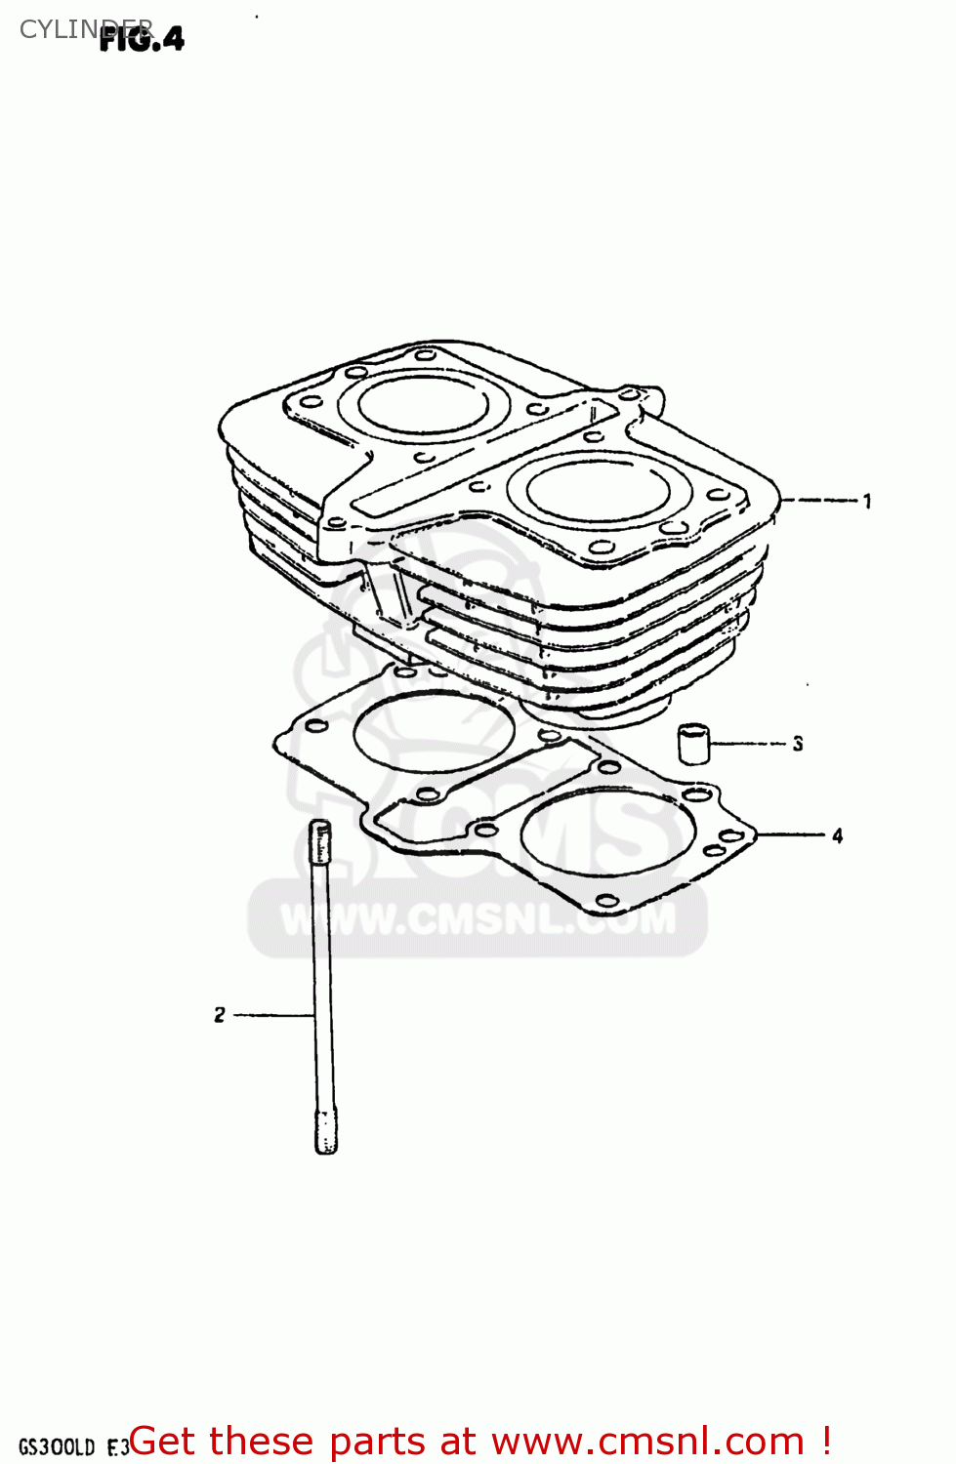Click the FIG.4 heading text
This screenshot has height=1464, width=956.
(x=143, y=39)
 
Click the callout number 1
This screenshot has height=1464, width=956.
(x=867, y=501)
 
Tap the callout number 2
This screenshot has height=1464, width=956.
(x=220, y=1015)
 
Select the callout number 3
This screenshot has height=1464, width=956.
(x=798, y=744)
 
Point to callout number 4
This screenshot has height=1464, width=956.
(x=837, y=835)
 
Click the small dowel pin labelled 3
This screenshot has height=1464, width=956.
(x=694, y=745)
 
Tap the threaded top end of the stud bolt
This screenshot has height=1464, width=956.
(x=320, y=839)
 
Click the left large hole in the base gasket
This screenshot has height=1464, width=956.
(x=434, y=733)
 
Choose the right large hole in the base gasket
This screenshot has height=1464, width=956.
(x=607, y=834)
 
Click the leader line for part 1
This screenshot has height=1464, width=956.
(x=820, y=500)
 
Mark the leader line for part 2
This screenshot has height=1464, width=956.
(x=273, y=1015)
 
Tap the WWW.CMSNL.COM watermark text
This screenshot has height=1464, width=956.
(x=478, y=918)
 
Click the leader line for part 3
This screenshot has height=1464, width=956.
(x=749, y=744)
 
